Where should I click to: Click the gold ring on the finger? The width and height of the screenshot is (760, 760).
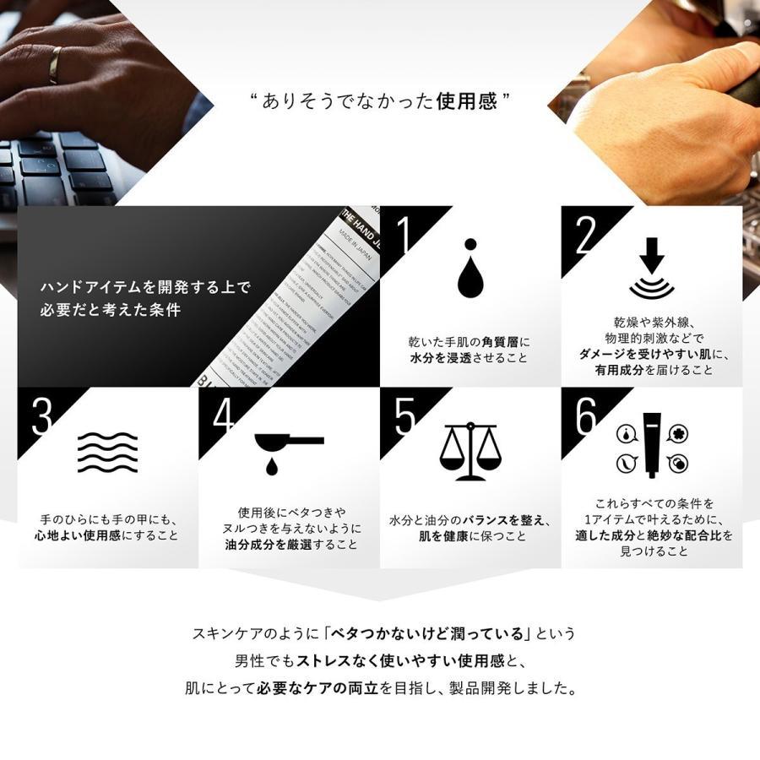[54, 65]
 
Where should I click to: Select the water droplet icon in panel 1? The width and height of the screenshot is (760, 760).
[469, 269]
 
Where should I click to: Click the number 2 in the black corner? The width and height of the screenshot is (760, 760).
[584, 237]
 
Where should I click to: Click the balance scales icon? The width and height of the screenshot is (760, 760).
[470, 451]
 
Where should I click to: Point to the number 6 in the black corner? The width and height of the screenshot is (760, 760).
[585, 415]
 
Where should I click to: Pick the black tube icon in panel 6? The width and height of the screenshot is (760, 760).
[651, 444]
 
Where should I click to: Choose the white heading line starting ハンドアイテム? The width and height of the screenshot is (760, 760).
[145, 288]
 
